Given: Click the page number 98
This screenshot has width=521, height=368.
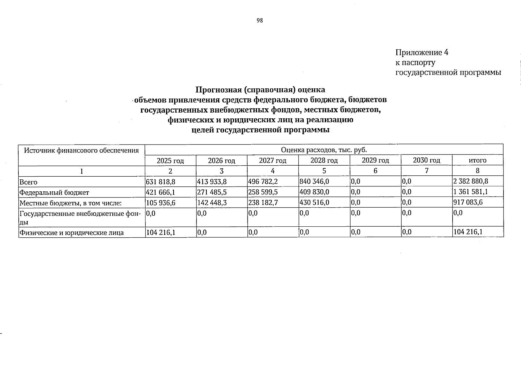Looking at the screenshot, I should point(260,21).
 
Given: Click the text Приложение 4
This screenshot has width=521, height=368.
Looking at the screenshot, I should point(422,52).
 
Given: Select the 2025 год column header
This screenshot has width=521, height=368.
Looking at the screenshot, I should point(170,160).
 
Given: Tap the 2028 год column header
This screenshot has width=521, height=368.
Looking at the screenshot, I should point(324,160).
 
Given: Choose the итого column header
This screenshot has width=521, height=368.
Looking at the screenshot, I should point(477,160).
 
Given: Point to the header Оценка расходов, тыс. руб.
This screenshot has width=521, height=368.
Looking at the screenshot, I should point(324,150).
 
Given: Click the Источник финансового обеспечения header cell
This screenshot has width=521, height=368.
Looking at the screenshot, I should point(81,150).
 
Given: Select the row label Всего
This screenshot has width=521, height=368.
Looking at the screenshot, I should point(28,182).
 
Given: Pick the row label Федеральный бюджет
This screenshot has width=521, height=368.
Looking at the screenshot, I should point(54,193).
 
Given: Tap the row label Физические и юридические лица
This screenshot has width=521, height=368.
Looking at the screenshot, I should point(71,233).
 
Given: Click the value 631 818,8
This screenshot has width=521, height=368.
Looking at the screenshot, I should point(161,182).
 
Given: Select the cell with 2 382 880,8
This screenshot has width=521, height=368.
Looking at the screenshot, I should point(471,181).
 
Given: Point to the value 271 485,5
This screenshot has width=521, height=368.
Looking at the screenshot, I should point(212,192).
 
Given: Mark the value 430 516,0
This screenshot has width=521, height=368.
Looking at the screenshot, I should point(314,202).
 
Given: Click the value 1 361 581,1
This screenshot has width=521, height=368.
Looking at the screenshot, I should point(471,192).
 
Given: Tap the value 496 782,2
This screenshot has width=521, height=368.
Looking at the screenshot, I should point(263,182).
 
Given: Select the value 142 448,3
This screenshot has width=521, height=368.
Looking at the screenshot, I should point(212,203).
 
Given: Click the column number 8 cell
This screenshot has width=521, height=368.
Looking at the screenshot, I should point(477,171).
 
